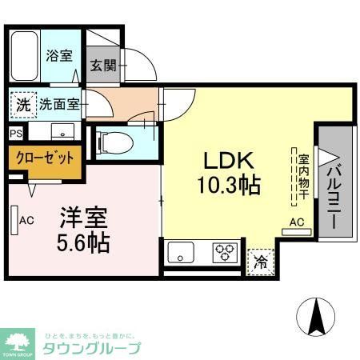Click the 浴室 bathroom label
[58, 56]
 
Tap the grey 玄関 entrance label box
[102, 66]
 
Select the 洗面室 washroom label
[60, 103]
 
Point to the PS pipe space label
[16, 134]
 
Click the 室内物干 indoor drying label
[303, 175]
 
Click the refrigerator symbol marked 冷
[260, 261]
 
